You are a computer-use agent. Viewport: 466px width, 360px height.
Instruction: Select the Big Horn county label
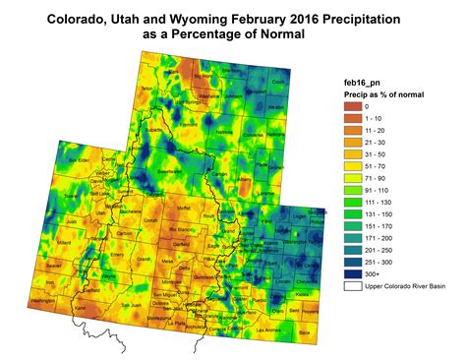[204, 75]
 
